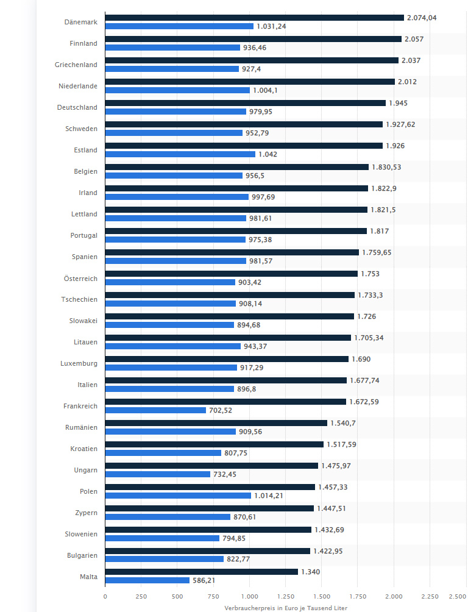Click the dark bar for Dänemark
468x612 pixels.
(x=254, y=18)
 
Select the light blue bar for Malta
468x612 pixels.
(x=147, y=580)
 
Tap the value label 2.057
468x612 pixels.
(x=414, y=39)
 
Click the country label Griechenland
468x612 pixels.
(x=77, y=65)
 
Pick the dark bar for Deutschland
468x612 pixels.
(x=245, y=103)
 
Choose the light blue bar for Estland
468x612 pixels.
(x=180, y=154)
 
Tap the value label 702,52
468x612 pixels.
(x=221, y=410)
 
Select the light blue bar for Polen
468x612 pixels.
(x=178, y=496)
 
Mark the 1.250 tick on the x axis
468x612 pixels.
(x=285, y=597)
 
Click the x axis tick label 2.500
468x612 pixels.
(x=458, y=597)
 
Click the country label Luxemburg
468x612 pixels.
(x=79, y=363)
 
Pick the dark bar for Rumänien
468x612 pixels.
(x=216, y=423)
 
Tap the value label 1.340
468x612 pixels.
(x=311, y=572)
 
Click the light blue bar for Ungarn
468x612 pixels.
(x=157, y=474)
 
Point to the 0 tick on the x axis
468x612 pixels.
(x=105, y=597)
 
